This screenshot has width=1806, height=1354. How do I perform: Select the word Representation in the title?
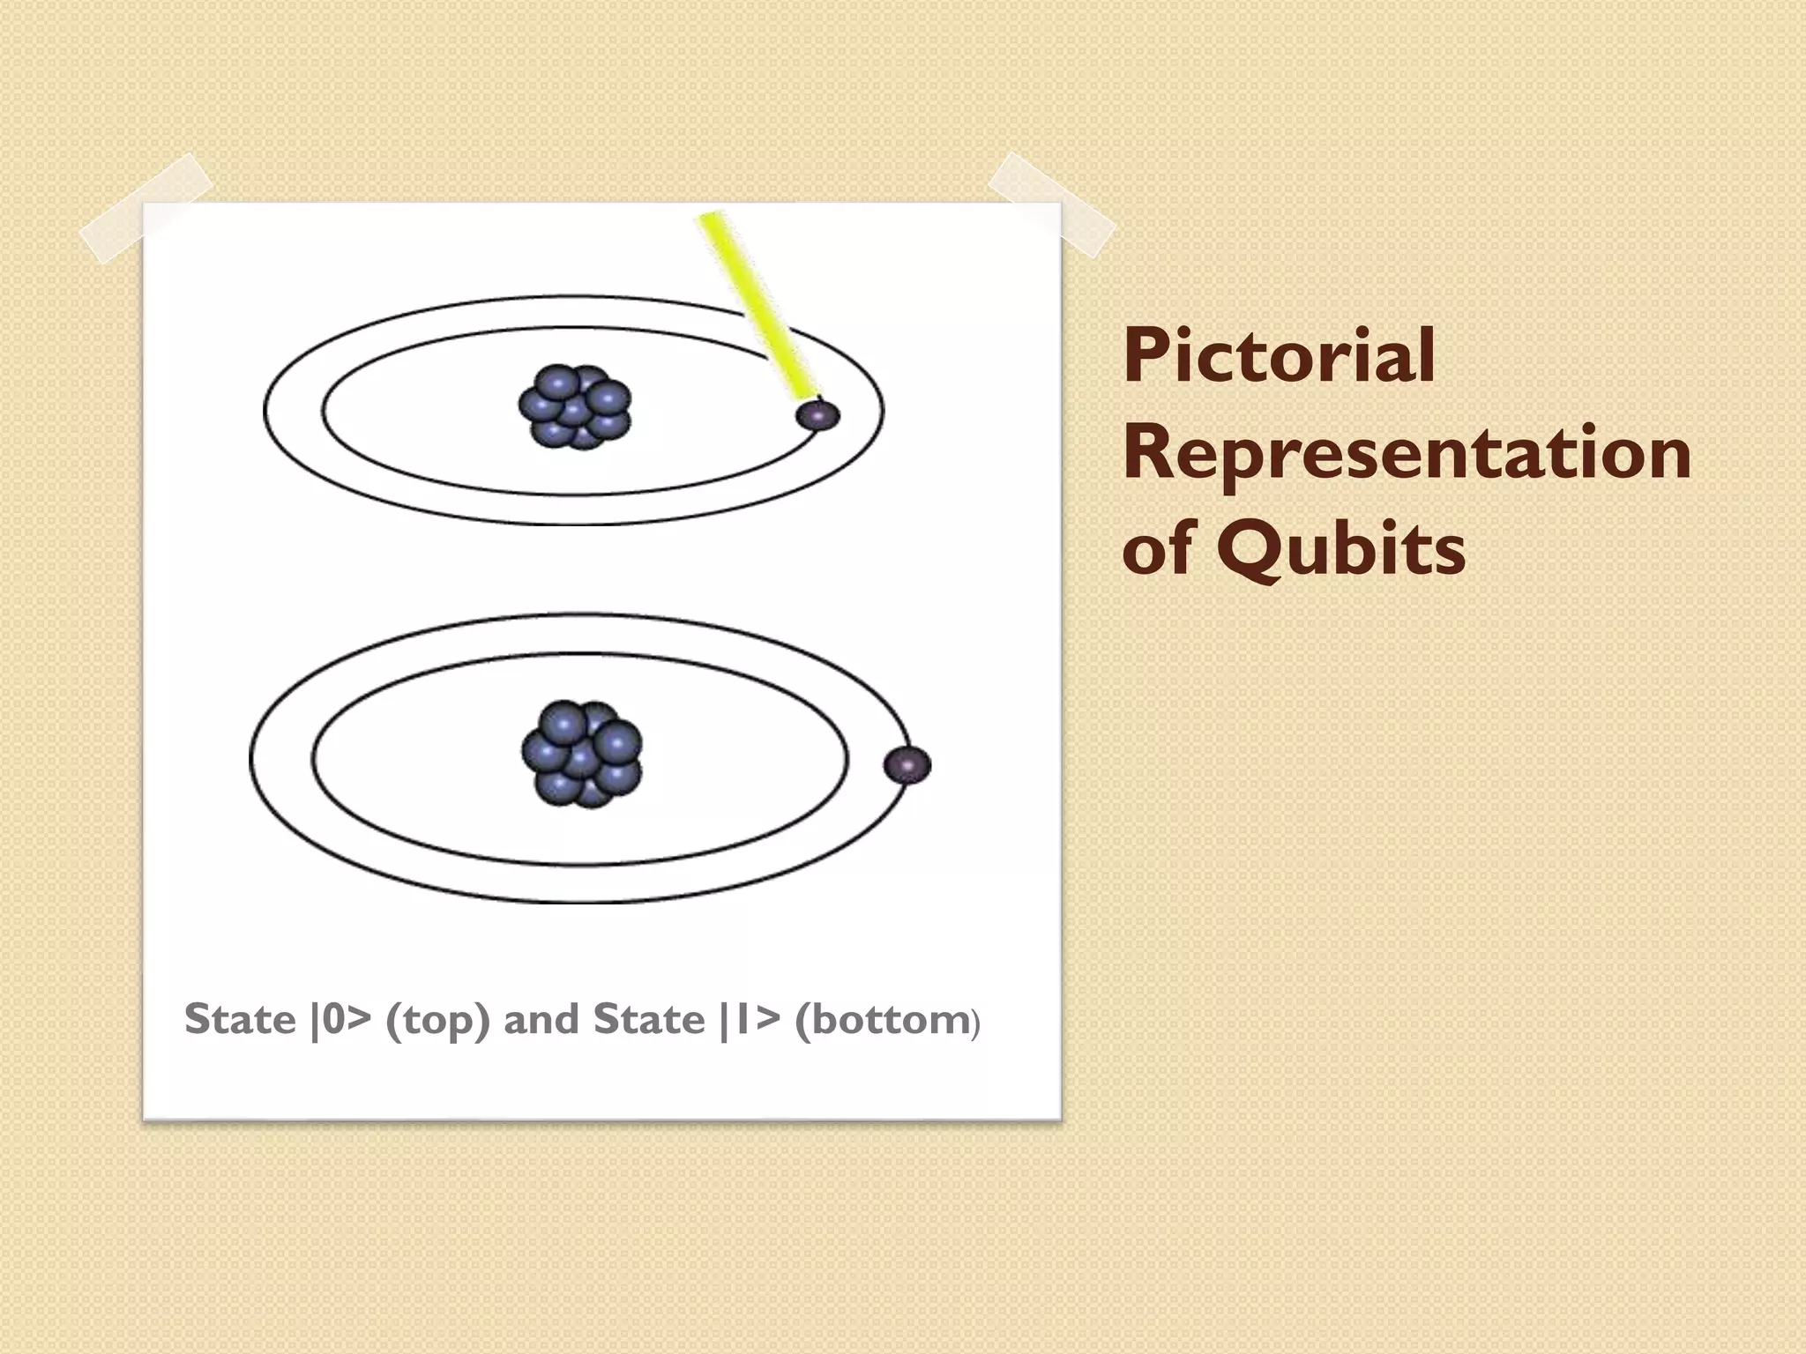pos(1407,452)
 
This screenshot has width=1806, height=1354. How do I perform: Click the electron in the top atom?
pos(817,414)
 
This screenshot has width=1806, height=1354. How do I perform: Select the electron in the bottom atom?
pos(907,764)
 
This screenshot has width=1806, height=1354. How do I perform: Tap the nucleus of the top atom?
pos(575,407)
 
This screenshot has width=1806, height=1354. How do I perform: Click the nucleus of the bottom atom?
pos(582,755)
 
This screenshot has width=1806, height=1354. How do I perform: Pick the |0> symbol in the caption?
pos(340,1020)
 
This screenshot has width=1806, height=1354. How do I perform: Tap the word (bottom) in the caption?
pos(886,1021)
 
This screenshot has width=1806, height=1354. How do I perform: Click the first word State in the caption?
pos(240,1020)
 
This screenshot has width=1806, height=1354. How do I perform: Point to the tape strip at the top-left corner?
pos(146,208)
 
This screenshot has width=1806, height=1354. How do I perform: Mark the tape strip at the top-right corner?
pos(1051,205)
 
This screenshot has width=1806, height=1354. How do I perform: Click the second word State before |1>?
pos(649,1020)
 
